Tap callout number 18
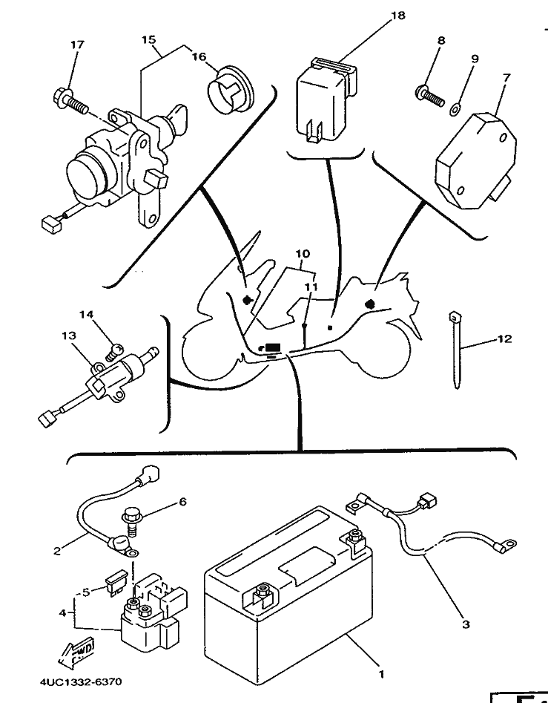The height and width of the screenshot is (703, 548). (x=397, y=16)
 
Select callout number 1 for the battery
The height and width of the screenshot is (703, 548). (x=381, y=674)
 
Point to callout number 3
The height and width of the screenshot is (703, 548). (x=465, y=624)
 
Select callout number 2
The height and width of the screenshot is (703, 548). (x=56, y=551)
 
